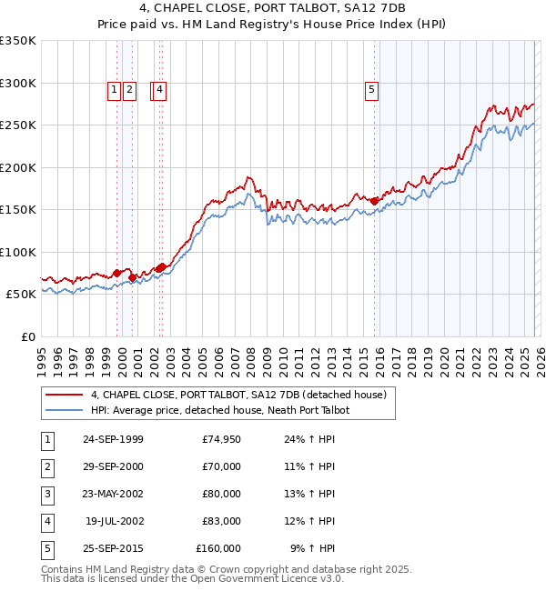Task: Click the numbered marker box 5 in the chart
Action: coord(372,89)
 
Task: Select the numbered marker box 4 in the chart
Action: coord(159,89)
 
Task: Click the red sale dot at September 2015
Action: coord(375,200)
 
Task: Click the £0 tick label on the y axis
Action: coord(27,336)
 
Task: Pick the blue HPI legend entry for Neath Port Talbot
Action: coord(220,410)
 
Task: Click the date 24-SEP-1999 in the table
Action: coord(112,440)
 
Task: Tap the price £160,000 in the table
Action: coord(218,548)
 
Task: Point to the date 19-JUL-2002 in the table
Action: coord(112,521)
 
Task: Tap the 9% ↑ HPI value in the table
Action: coord(313,548)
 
